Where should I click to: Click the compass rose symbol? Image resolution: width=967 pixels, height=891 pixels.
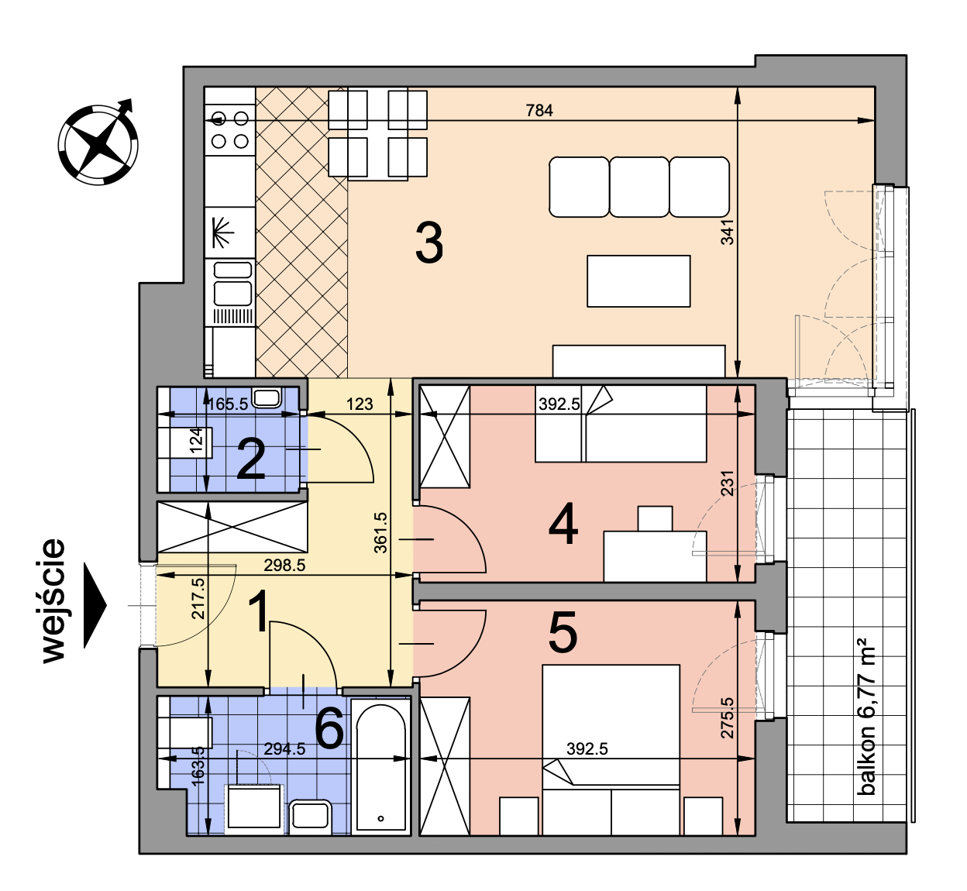[98, 144]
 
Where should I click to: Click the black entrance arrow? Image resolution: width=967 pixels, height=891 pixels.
[95, 605]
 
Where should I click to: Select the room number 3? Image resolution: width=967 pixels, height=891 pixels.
[429, 243]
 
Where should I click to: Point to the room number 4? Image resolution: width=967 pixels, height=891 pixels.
[563, 525]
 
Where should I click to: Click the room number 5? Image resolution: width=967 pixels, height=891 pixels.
[563, 632]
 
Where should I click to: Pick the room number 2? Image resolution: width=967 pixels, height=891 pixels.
[251, 459]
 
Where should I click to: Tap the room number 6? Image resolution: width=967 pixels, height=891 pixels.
[329, 728]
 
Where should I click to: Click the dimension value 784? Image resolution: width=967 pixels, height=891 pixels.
[539, 111]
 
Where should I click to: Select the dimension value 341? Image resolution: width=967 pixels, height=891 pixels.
[727, 232]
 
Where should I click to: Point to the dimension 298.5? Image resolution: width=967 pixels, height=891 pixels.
[284, 565]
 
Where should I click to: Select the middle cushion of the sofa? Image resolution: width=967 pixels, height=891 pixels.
[639, 187]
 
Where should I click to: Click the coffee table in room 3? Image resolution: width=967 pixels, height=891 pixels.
[638, 281]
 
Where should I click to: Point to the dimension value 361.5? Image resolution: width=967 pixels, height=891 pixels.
[380, 532]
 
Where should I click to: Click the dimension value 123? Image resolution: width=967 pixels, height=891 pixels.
[360, 404]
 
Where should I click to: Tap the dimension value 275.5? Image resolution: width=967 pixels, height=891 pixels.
[727, 717]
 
